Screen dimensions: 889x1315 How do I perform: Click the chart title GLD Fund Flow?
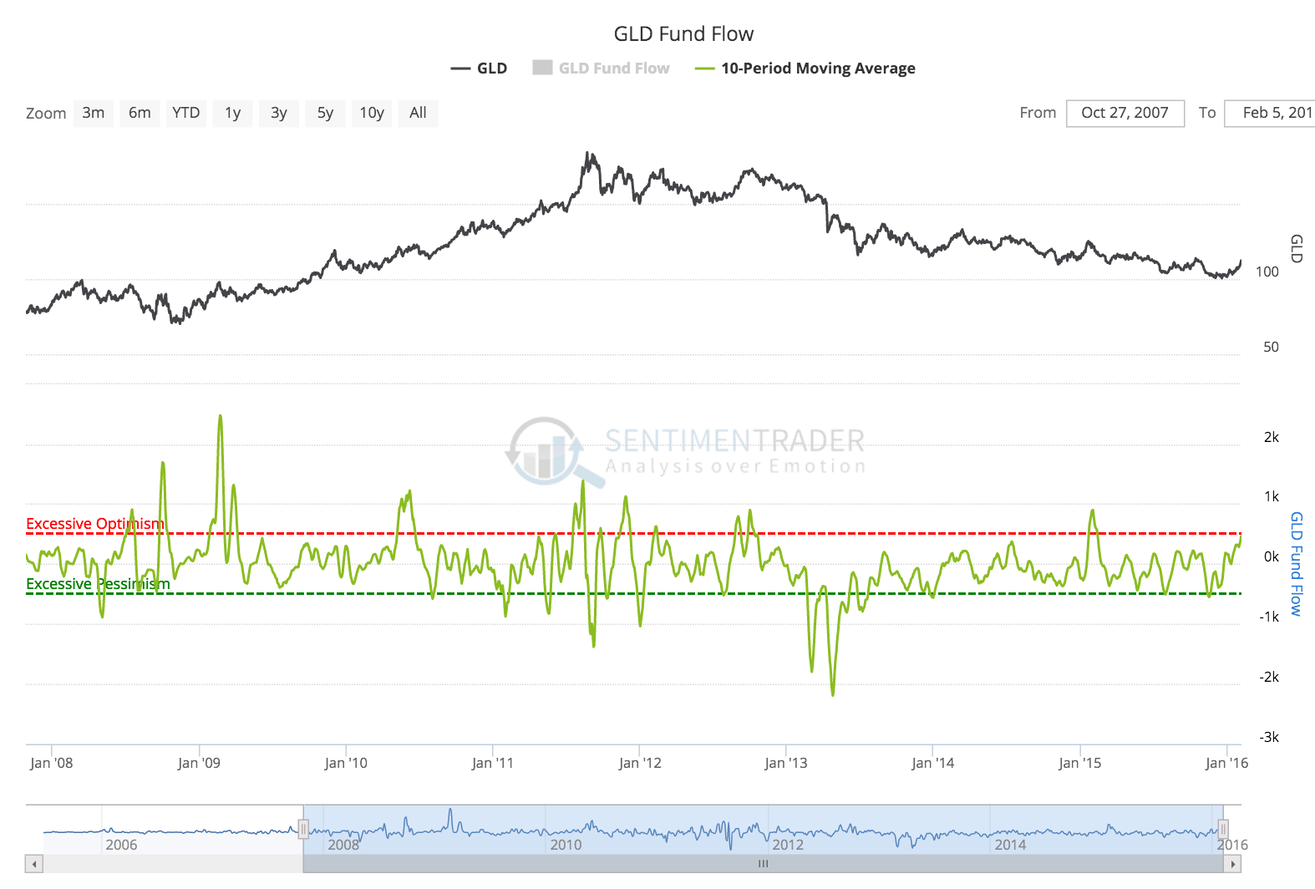click(x=683, y=34)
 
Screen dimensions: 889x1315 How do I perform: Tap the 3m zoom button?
click(x=94, y=113)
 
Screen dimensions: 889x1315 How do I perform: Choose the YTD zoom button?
click(x=185, y=113)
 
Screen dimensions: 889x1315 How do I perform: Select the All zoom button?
click(x=418, y=113)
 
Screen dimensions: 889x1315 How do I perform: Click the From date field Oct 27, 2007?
click(x=1125, y=113)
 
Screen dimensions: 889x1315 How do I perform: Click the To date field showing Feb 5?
click(x=1272, y=113)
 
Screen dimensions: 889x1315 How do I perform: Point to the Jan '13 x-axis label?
click(x=786, y=763)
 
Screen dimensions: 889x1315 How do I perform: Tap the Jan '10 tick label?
click(x=346, y=763)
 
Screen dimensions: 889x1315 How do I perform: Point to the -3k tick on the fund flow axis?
click(x=1269, y=737)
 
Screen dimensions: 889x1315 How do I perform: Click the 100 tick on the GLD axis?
click(x=1267, y=272)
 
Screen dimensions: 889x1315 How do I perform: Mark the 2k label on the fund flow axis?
click(x=1271, y=437)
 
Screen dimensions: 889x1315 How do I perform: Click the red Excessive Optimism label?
click(x=95, y=524)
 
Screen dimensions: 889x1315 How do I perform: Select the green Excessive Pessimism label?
click(x=98, y=584)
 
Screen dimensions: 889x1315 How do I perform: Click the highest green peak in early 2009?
click(x=220, y=416)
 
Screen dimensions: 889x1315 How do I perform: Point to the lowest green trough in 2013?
click(x=832, y=693)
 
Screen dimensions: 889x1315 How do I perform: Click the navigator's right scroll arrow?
click(x=1232, y=864)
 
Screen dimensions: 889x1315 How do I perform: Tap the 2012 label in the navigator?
click(x=788, y=845)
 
